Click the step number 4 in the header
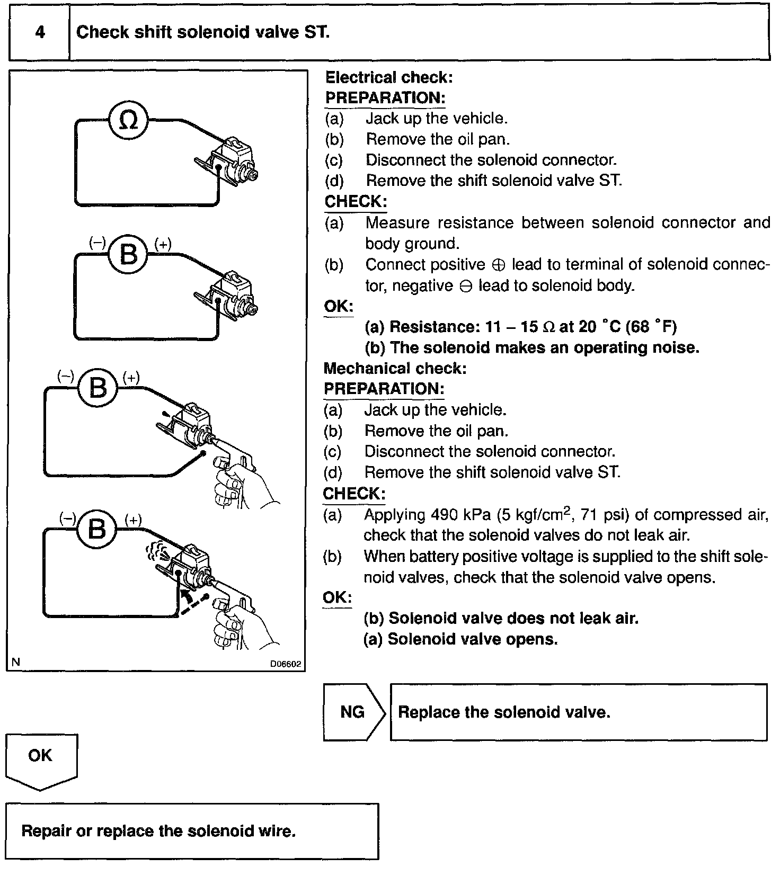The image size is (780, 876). pos(40,32)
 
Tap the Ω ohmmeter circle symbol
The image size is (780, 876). pos(129,121)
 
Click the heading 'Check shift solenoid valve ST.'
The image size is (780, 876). pos(203,32)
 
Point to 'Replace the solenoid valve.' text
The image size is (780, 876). pos(504,712)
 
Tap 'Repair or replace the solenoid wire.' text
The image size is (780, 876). pos(158,830)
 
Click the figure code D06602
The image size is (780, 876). pos(286,663)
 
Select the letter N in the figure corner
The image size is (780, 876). pos(16,662)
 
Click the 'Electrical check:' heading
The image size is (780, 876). pos(389,78)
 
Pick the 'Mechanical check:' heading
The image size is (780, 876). pos(395,368)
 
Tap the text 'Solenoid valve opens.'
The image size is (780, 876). pos(473,639)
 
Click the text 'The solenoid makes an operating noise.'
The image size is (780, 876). pos(544,347)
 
